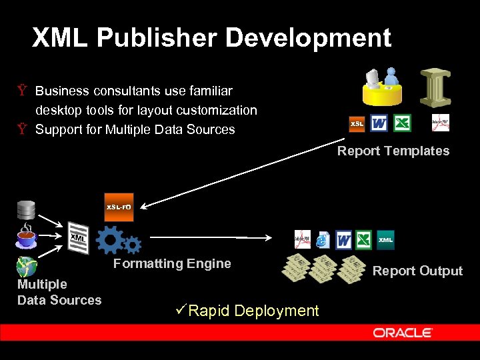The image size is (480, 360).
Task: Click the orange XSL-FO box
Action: [119, 207]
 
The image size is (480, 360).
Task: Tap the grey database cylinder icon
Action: [26, 210]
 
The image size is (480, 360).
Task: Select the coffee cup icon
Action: [26, 237]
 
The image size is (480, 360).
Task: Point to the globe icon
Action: [26, 267]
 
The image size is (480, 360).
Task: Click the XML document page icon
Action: [79, 237]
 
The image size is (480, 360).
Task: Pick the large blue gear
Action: [110, 239]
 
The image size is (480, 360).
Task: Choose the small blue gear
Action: [133, 245]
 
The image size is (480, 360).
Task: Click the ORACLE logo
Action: [403, 333]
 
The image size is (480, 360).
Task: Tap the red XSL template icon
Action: [357, 124]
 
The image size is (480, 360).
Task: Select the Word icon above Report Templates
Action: [379, 123]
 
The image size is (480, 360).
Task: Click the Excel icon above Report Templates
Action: [402, 123]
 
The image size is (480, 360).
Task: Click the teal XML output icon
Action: [386, 240]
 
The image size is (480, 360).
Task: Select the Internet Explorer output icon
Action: [323, 240]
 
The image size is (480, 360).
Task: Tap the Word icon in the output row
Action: [344, 239]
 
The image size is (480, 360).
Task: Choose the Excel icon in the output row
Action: [364, 239]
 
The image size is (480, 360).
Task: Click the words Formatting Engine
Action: [172, 263]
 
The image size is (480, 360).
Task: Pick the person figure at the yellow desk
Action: [390, 77]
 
